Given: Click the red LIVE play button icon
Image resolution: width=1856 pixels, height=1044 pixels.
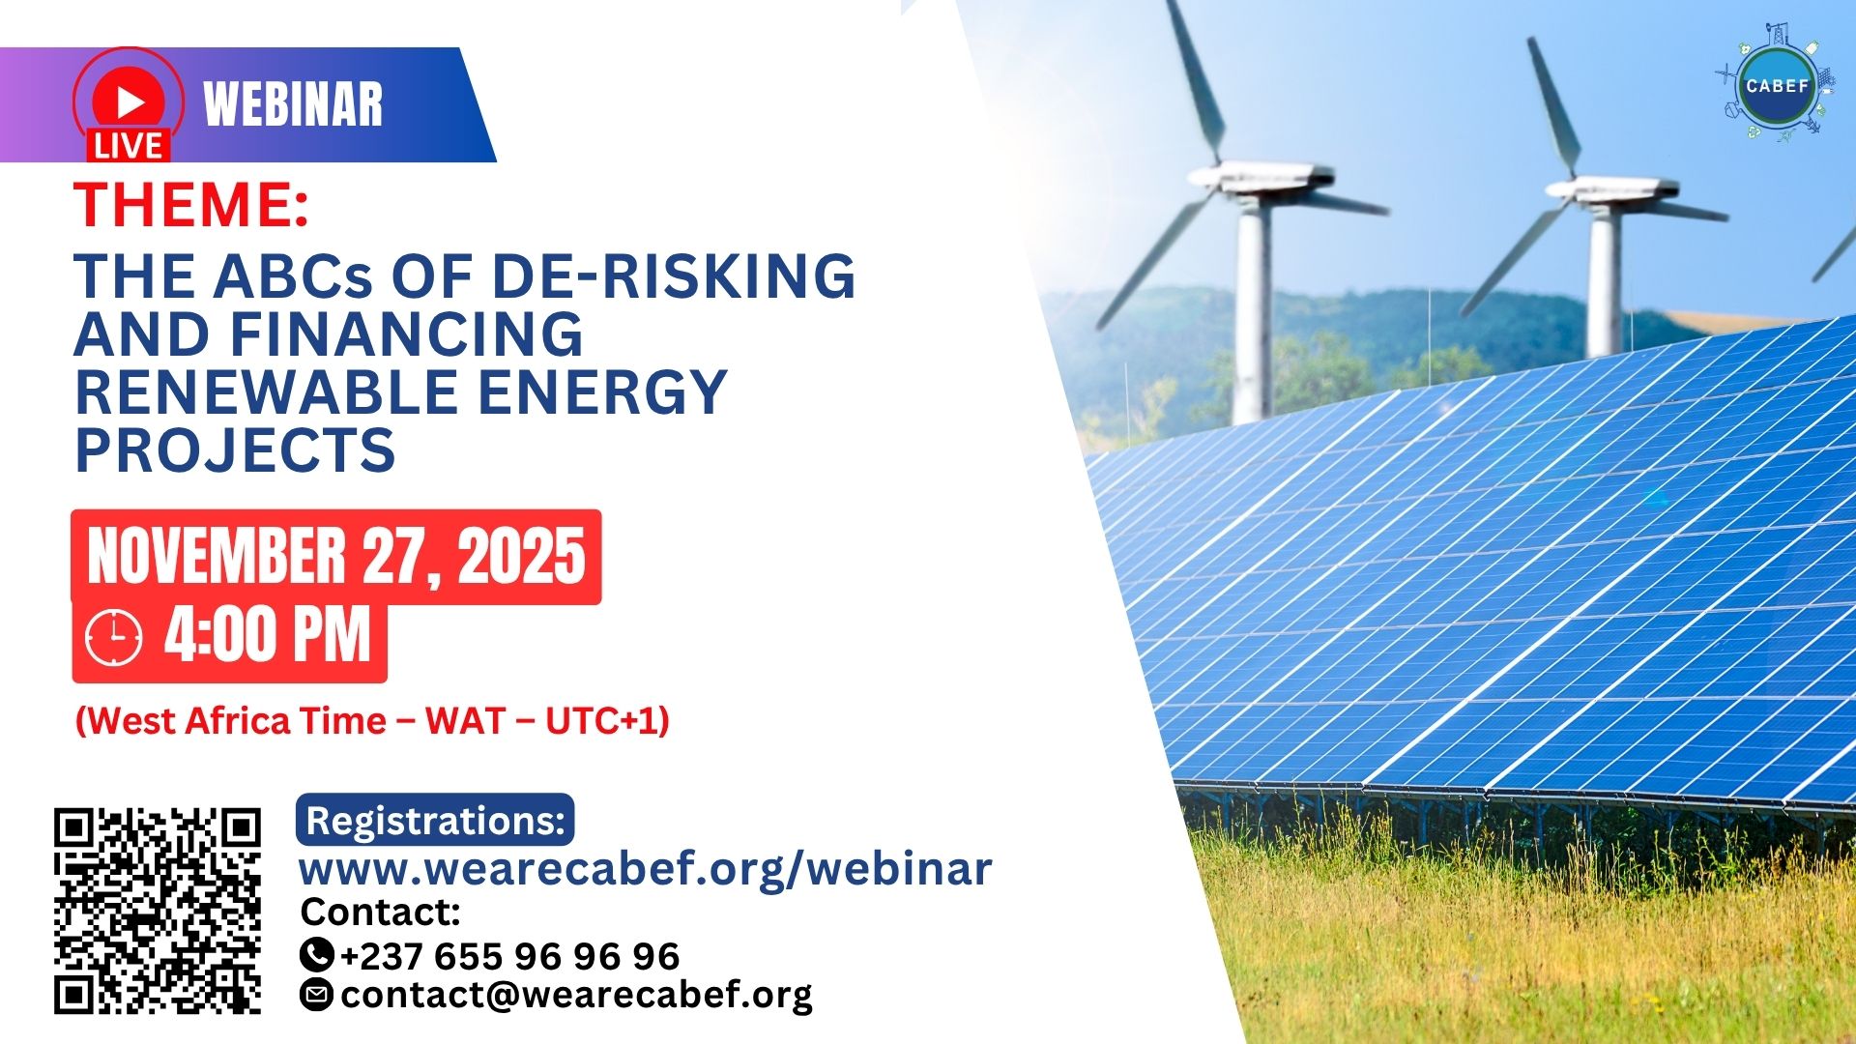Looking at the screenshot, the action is tap(128, 104).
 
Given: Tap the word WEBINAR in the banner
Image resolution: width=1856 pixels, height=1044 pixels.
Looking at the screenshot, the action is tap(293, 104).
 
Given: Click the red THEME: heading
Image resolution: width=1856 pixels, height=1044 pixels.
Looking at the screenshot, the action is tap(191, 205).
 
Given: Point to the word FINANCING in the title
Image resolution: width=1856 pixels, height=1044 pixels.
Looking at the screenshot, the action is tap(406, 334).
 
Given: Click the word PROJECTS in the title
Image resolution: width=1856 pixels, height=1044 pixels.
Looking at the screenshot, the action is tap(235, 450).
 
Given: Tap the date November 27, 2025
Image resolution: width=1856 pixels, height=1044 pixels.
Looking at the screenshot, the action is tap(336, 557).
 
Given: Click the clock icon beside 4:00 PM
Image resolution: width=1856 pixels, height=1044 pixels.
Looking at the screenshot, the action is tap(114, 638).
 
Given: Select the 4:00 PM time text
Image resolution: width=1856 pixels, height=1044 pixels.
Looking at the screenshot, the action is tap(268, 635).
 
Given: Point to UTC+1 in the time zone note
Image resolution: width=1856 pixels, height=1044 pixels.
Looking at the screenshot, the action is tap(600, 721).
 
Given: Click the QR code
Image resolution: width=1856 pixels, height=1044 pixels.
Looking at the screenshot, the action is tap(158, 911).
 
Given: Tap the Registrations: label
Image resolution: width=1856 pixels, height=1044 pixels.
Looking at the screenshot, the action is tap(435, 821).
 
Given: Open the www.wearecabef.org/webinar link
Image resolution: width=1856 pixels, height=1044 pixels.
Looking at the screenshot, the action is tap(645, 868).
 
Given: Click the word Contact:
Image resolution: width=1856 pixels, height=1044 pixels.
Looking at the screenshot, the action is tap(381, 912).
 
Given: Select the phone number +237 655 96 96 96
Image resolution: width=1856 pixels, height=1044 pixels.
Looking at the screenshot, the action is tap(510, 956).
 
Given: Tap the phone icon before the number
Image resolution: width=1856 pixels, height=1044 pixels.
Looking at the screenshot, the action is tap(317, 955).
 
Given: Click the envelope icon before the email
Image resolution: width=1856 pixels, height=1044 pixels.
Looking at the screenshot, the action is tap(317, 994).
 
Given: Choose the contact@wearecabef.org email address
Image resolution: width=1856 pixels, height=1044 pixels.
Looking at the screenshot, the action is tap(577, 995).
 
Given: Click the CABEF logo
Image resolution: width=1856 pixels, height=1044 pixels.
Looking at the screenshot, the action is tap(1777, 84).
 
